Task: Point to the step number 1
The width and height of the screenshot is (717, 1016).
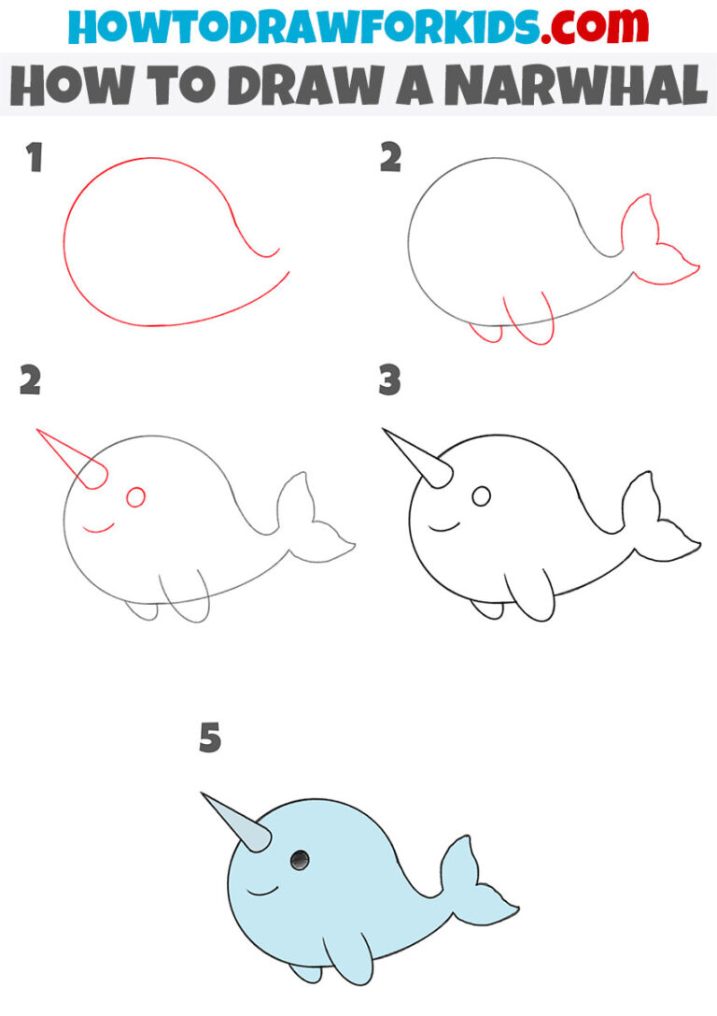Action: click(35, 159)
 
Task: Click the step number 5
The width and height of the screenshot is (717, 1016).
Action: click(210, 739)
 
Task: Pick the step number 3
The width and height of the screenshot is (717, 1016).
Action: click(389, 380)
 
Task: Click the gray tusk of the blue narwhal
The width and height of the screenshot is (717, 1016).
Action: click(237, 823)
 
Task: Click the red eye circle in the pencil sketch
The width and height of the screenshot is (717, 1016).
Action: click(135, 497)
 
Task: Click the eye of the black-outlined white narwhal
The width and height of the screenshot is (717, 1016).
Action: click(481, 496)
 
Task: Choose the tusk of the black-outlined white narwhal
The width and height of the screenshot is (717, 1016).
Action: click(418, 459)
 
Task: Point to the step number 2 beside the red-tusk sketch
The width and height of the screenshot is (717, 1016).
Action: click(31, 380)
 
